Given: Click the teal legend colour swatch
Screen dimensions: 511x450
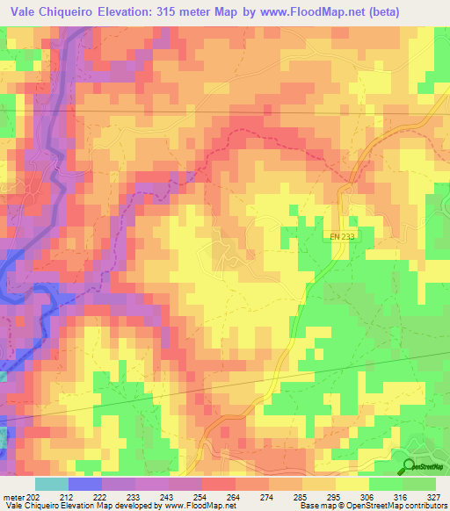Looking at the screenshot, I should (51, 484).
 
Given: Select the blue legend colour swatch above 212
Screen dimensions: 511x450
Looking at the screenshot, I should (84, 484).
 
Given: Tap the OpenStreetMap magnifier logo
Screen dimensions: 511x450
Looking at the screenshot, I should (410, 467).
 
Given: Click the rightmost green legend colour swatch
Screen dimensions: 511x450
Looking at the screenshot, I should (419, 484).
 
